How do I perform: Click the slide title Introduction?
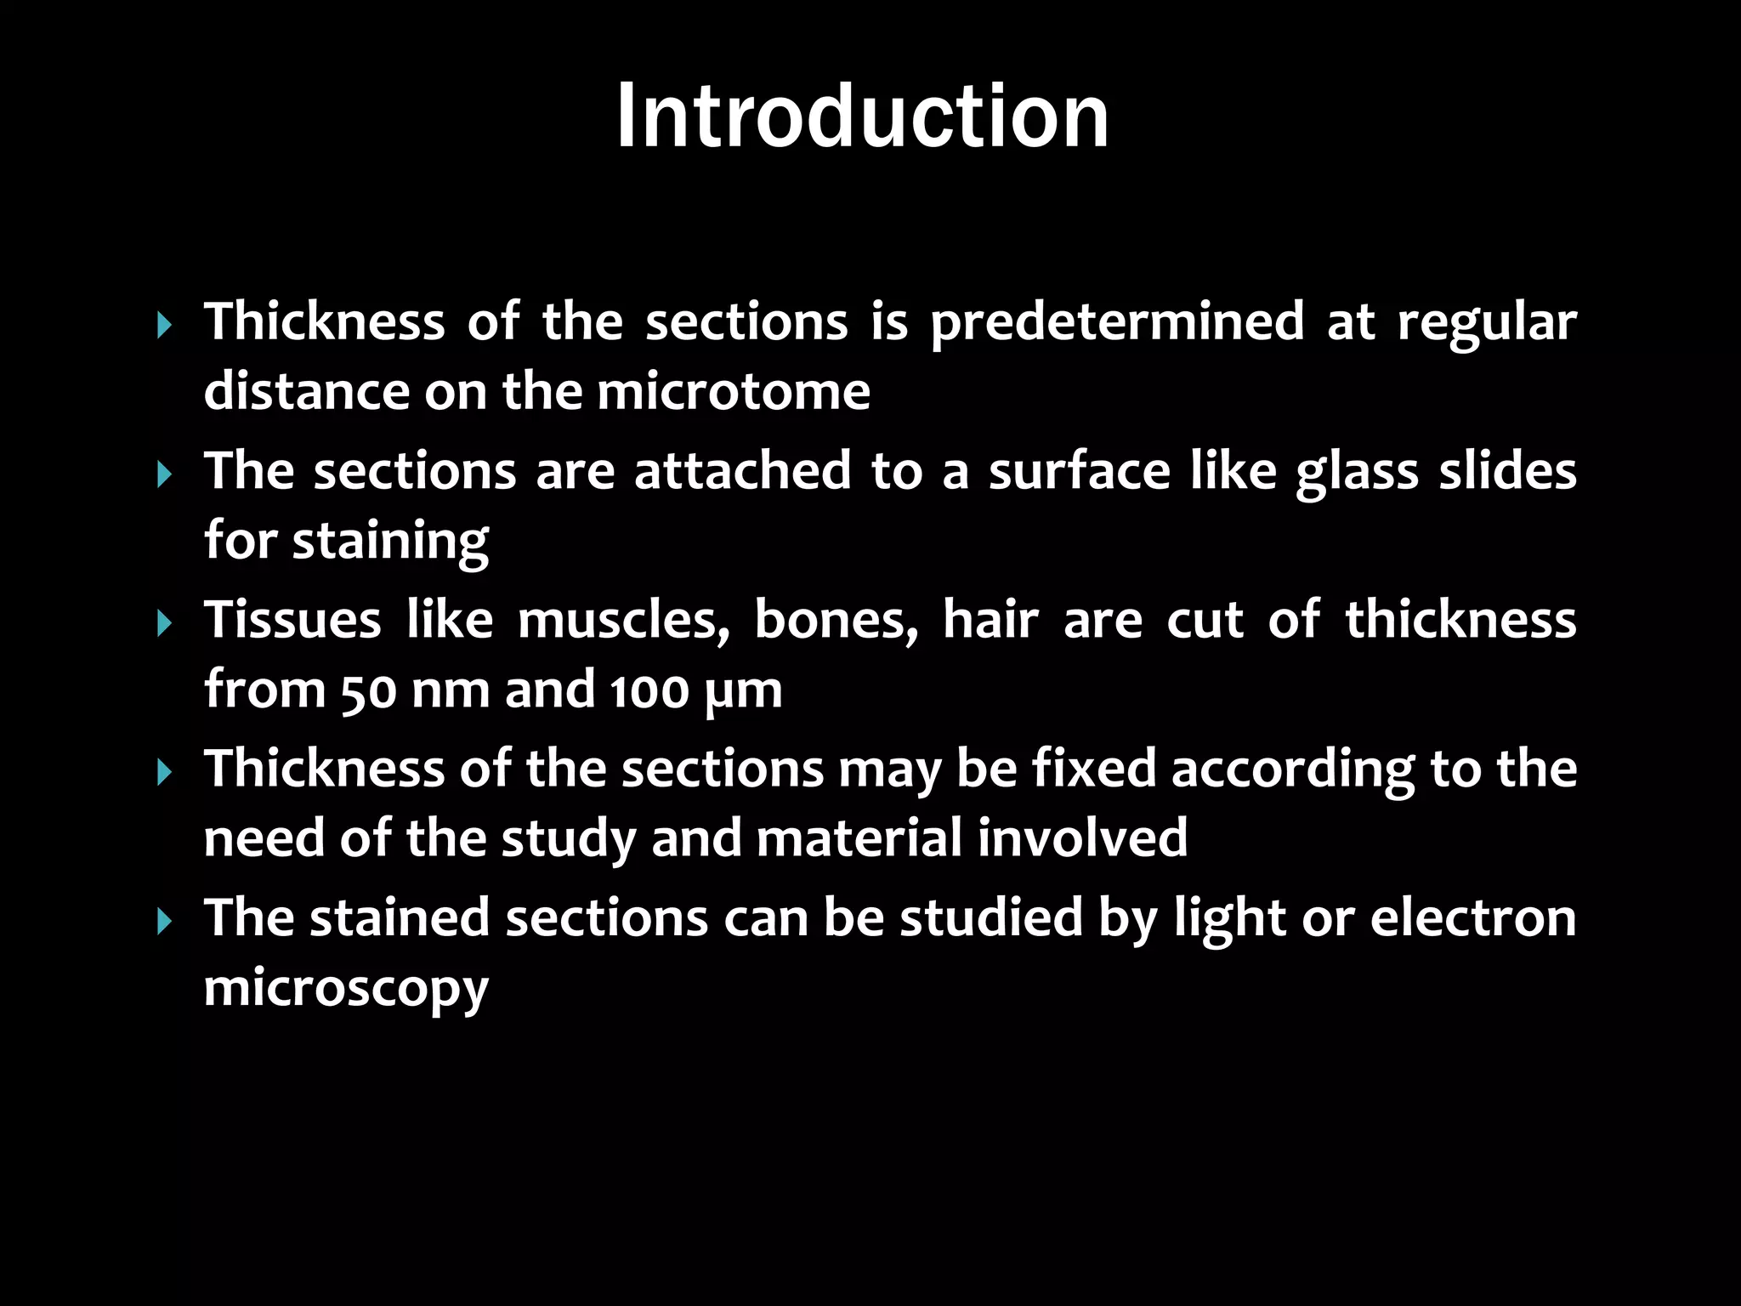[x=862, y=116]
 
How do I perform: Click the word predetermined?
[x=1117, y=323]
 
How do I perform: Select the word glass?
[x=1357, y=473]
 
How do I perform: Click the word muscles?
[x=623, y=621]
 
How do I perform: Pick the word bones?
[x=836, y=621]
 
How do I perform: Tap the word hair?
[x=990, y=620]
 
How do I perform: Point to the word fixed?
[x=1094, y=769]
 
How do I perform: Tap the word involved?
[x=1082, y=838]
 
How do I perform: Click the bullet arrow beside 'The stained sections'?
[x=165, y=921]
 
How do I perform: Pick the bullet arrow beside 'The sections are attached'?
[x=165, y=474]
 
